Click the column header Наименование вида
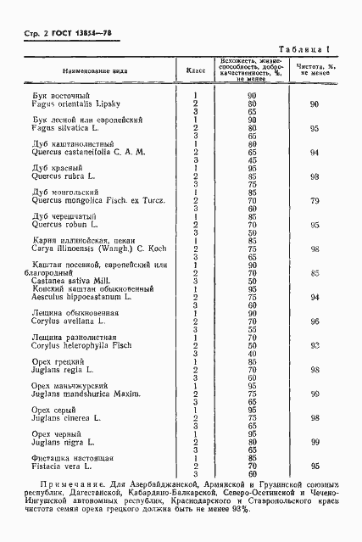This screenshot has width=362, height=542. click(93, 70)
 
